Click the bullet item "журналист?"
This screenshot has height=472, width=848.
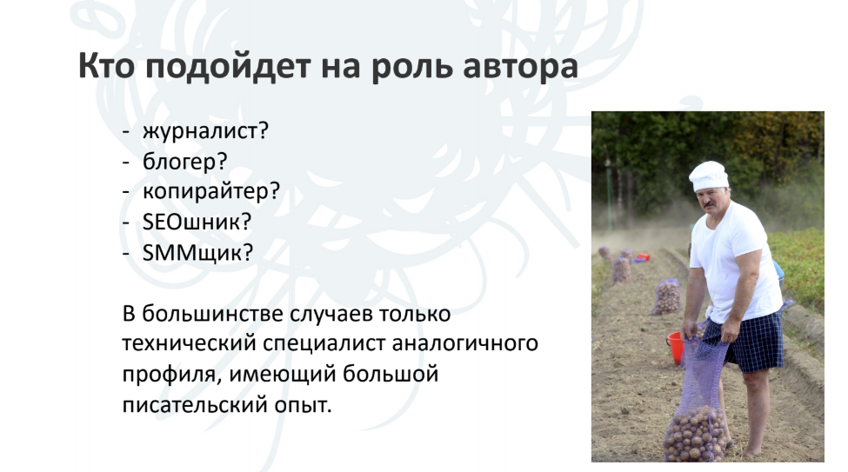pos(205,131)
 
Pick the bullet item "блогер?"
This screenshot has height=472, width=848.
pos(185,162)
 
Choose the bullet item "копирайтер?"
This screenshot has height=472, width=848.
pos(211,191)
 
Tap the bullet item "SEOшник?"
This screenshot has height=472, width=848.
pos(197,222)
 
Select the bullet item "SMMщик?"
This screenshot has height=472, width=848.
pos(197,252)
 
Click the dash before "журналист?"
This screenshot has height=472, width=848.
pos(127,132)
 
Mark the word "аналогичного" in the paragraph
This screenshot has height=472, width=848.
pos(464,344)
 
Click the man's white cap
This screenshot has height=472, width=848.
pos(709,176)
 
